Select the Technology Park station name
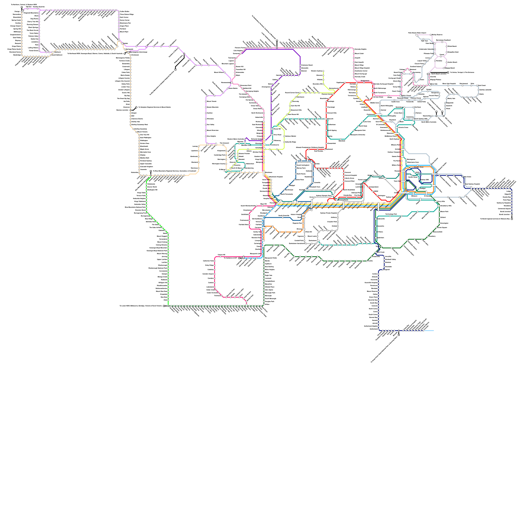[x=391, y=214]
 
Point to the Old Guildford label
[x=256, y=219]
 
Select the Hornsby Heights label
[x=361, y=49]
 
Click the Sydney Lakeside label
[x=485, y=90]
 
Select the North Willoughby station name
[x=387, y=106]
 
